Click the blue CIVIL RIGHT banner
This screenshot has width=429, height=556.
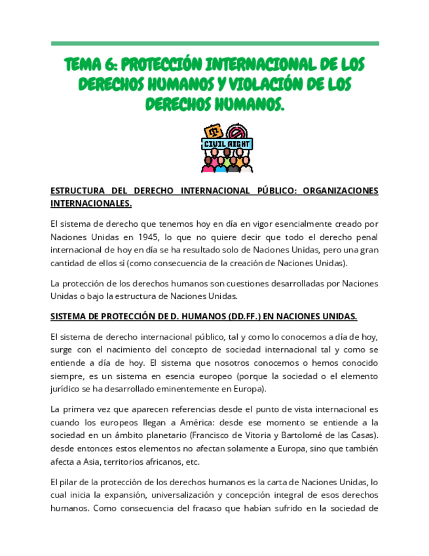click(x=227, y=144)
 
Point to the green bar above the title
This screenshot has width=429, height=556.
click(x=215, y=44)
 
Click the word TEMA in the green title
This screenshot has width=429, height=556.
click(x=83, y=65)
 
